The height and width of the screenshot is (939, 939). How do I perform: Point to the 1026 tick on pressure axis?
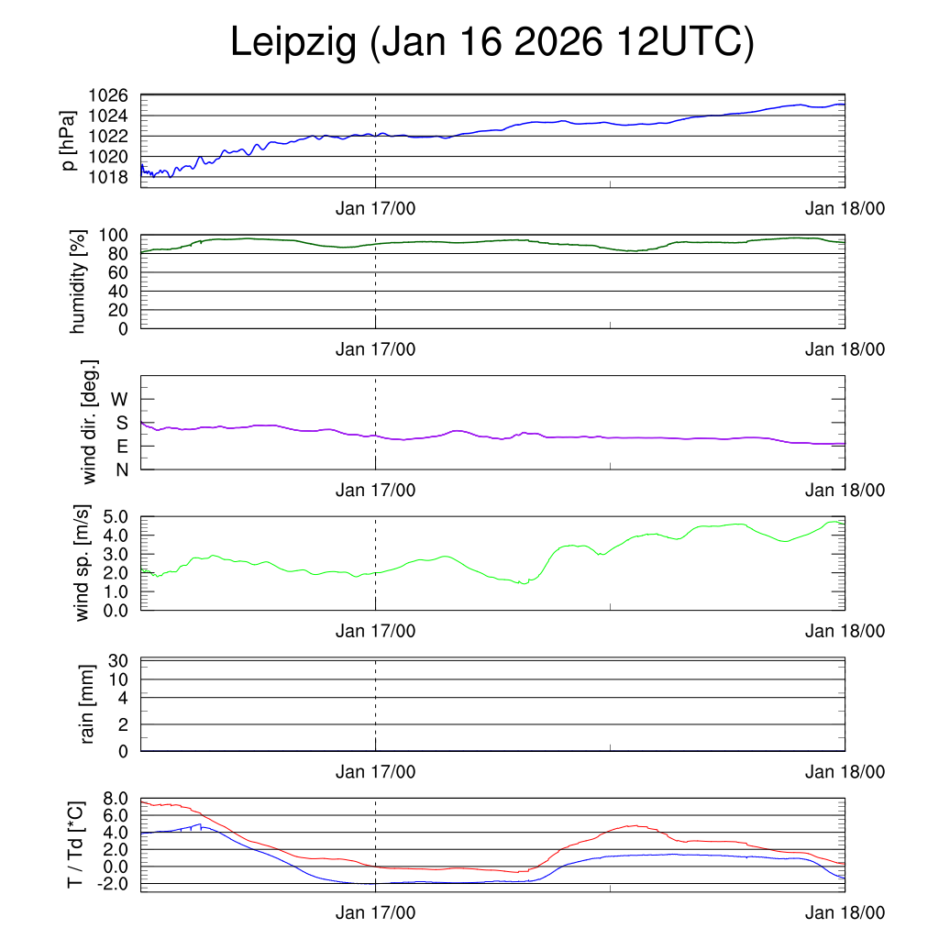point(107,95)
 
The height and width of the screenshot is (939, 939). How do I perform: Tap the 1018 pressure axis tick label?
point(107,176)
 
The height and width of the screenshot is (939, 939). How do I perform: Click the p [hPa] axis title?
point(69,139)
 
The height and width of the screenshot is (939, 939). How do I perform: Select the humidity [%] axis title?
point(79,282)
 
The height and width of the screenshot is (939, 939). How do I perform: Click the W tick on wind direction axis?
point(120,399)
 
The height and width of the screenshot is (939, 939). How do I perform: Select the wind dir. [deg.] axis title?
point(90,422)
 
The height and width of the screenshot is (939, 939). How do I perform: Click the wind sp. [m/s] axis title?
point(83,564)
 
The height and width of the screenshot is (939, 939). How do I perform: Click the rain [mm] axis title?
point(88,705)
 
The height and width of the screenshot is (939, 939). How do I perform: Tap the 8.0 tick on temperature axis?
point(114,799)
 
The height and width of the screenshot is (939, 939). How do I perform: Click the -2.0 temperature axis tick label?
point(111,884)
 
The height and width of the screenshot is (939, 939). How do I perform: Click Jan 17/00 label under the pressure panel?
point(375,209)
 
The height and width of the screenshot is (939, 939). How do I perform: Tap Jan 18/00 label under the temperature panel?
point(845,913)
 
